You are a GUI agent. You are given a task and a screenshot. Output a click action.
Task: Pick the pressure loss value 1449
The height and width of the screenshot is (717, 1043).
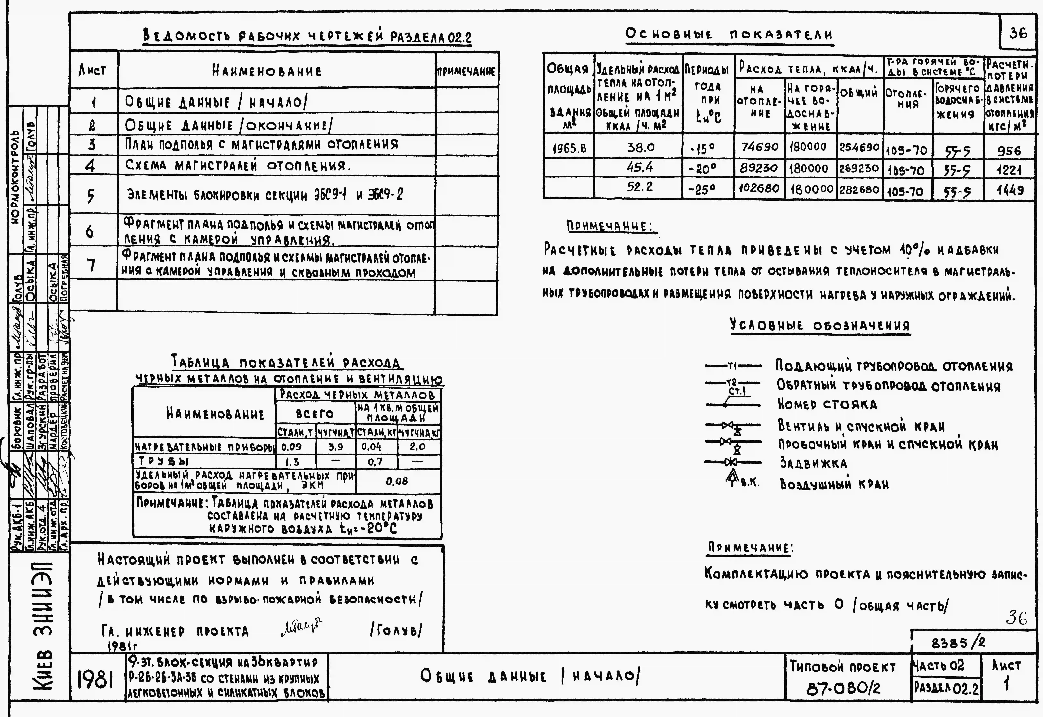point(1010,190)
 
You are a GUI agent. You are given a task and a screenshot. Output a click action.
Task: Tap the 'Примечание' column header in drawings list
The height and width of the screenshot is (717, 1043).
point(466,71)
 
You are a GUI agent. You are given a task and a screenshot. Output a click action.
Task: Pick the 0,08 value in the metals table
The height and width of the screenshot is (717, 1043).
point(397,481)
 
